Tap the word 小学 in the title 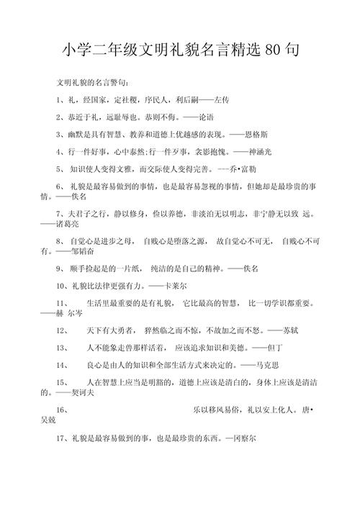click(x=73, y=51)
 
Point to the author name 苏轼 click(x=282, y=332)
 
